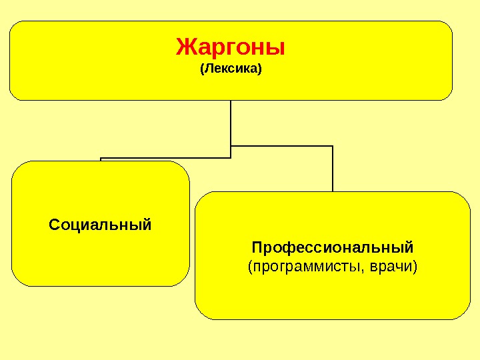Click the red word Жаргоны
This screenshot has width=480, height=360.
pyautogui.click(x=231, y=47)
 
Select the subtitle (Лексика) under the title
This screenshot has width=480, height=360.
pyautogui.click(x=231, y=69)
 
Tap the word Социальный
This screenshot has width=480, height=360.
pyautogui.click(x=100, y=223)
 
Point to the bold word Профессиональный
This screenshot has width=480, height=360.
pyautogui.click(x=333, y=248)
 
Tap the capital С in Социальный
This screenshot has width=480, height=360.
pyautogui.click(x=54, y=223)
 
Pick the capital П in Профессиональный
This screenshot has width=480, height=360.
pyautogui.click(x=257, y=248)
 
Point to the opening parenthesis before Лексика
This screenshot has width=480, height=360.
pyautogui.click(x=202, y=69)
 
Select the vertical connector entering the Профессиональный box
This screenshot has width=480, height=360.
pyautogui.click(x=332, y=170)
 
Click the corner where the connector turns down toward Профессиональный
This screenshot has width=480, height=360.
pyautogui.click(x=332, y=146)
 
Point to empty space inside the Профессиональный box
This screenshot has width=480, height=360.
pyautogui.click(x=333, y=297)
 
